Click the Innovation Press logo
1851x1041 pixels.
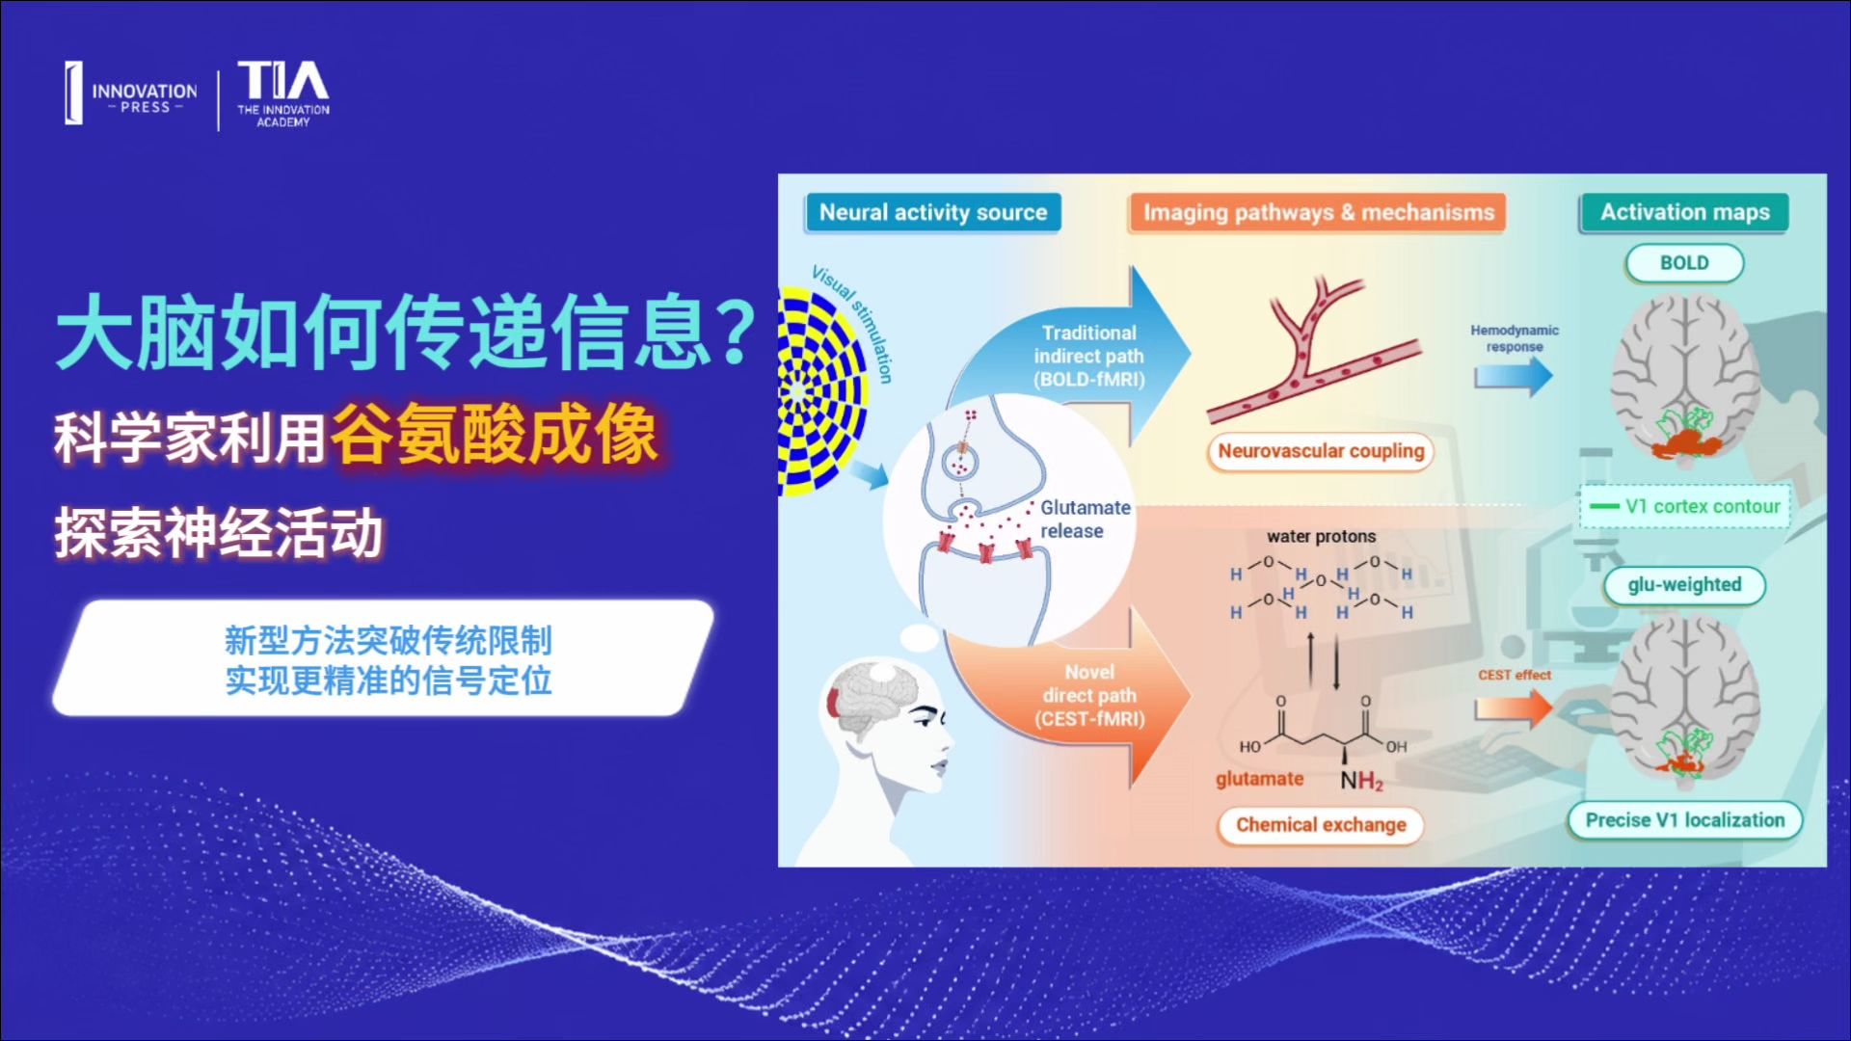(131, 94)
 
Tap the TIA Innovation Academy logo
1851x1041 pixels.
(283, 94)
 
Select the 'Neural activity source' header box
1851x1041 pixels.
(932, 212)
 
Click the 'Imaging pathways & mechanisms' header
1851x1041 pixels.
(1318, 212)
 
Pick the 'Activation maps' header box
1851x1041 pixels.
(1684, 212)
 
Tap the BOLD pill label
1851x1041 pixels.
(1684, 263)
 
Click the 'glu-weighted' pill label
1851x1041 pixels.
(1684, 585)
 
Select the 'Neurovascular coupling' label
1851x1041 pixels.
(1321, 451)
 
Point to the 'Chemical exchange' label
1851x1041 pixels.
(1321, 825)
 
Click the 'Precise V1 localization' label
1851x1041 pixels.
(1685, 820)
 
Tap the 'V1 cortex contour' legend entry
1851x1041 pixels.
(1684, 507)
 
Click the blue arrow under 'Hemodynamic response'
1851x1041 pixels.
(1514, 375)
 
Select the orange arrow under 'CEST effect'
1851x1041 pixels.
(1514, 708)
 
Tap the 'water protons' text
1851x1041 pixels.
(1321, 537)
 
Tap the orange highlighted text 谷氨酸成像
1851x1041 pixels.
(495, 435)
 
